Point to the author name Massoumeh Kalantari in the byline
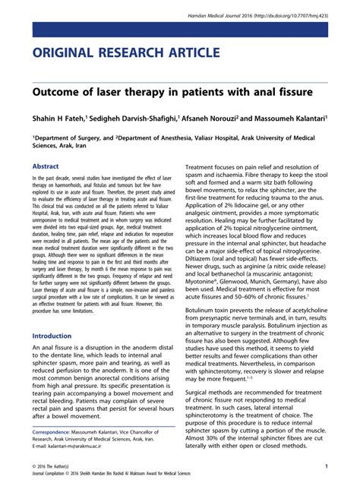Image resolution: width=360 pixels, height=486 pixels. [x=295, y=118]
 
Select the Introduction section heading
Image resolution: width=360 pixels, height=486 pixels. [x=57, y=336]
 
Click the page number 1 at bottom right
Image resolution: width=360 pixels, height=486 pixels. [x=326, y=465]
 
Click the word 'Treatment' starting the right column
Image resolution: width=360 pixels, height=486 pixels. [x=205, y=167]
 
